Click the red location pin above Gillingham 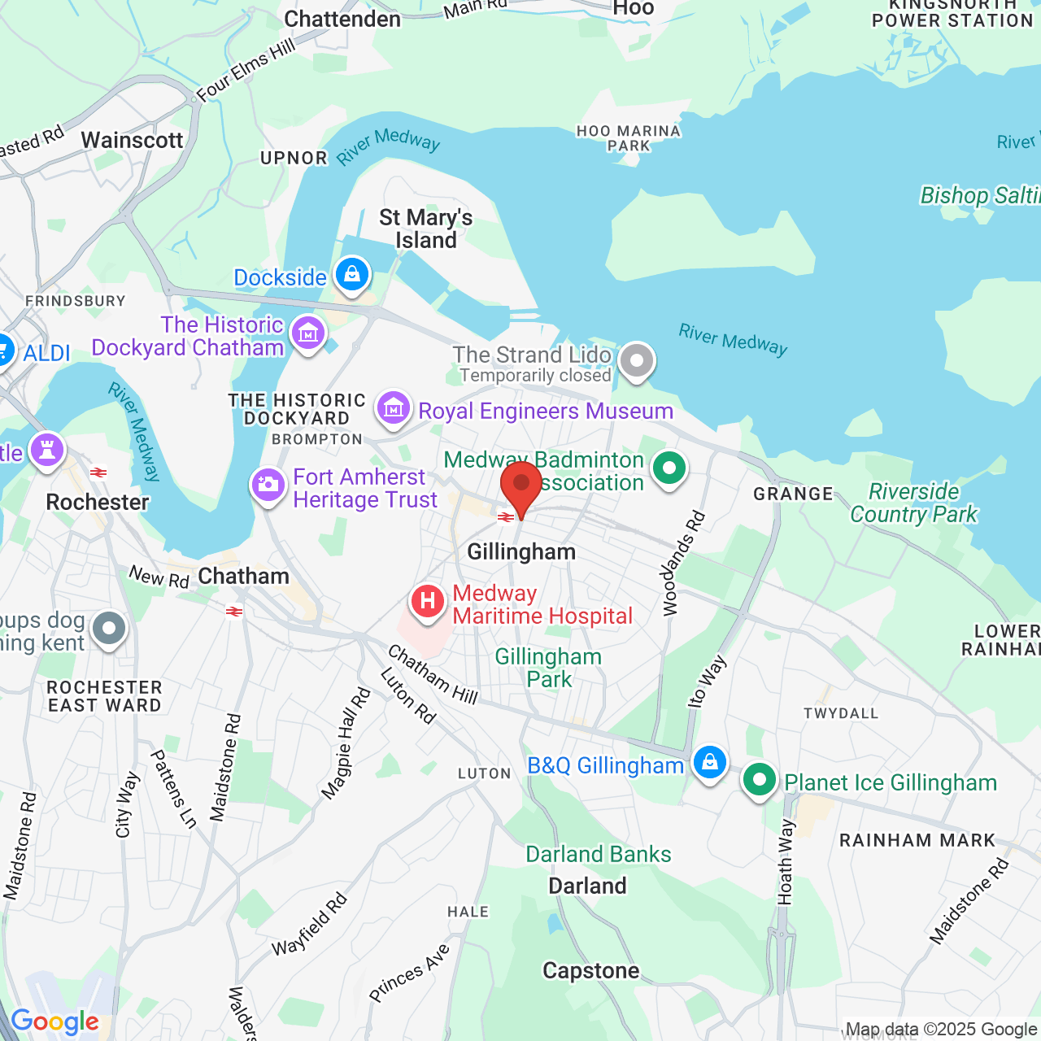521,486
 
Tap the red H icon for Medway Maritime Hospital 427,602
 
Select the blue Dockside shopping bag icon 351,275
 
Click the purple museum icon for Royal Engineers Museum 394,408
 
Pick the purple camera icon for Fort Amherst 268,486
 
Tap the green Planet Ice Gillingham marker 759,780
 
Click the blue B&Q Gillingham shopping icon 709,763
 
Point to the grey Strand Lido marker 637,360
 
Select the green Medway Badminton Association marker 669,468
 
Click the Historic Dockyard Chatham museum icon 308,333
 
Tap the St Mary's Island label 425,229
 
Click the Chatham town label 243,576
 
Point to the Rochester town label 98,502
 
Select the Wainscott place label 132,140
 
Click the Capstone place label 590,970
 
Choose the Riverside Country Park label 913,503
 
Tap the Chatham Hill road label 432,674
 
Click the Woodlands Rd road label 682,564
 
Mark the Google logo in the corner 54,1021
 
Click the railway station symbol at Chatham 234,612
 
